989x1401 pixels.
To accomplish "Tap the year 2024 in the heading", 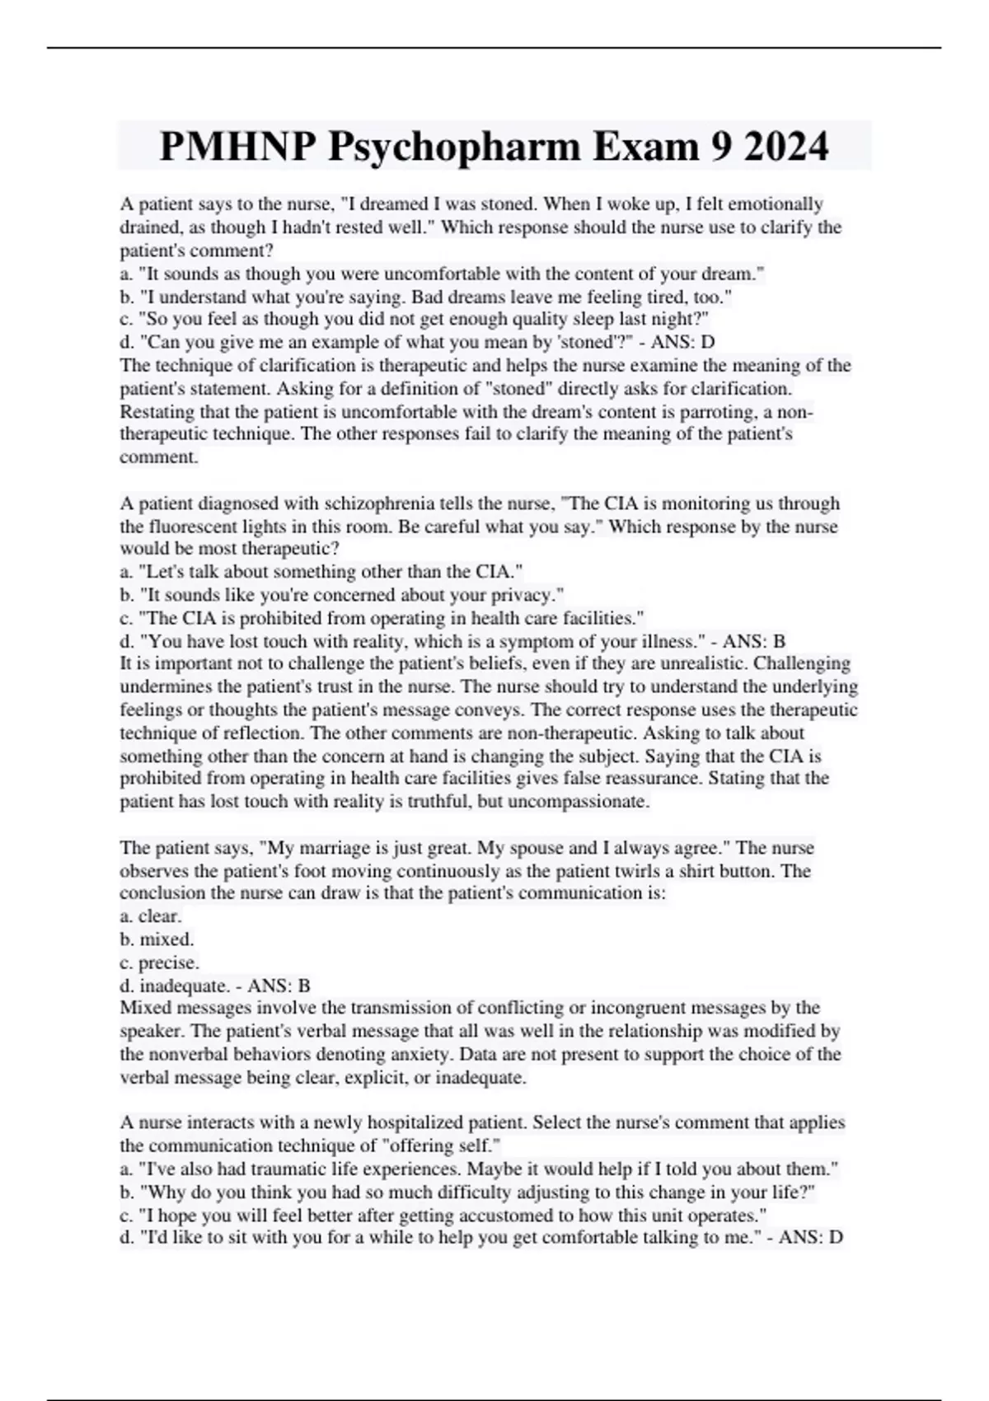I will click(x=784, y=148).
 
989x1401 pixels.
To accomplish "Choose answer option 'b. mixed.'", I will click(x=157, y=939).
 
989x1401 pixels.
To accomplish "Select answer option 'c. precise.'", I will click(x=159, y=963).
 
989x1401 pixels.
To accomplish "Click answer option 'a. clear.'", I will click(x=151, y=916).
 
